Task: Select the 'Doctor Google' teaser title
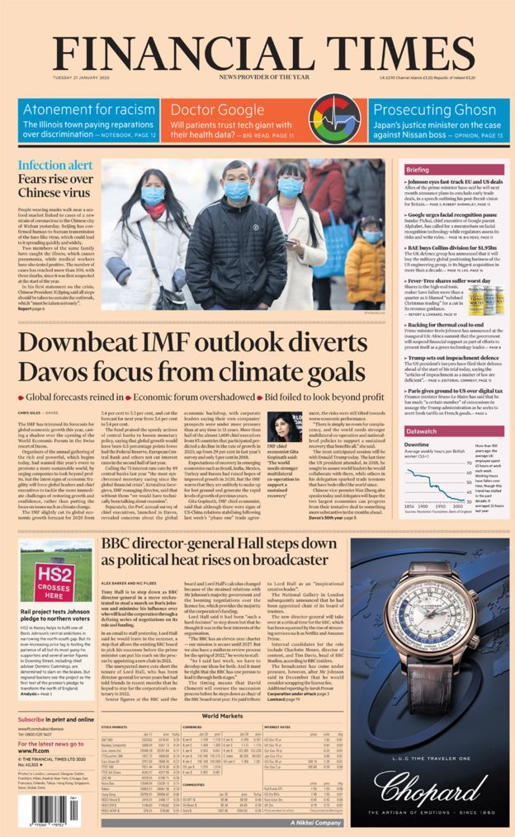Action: click(206, 110)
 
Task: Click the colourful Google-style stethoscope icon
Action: click(334, 120)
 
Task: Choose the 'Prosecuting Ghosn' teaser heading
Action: click(434, 110)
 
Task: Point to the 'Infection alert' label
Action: click(50, 165)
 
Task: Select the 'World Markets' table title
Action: click(224, 716)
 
